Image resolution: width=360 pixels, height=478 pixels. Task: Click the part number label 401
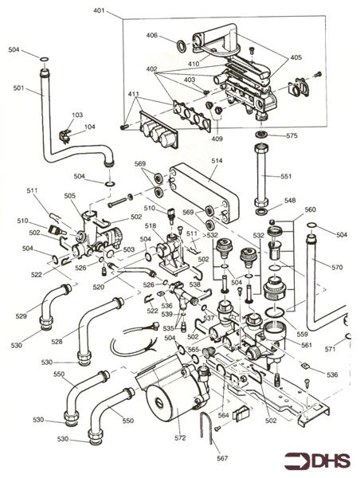click(98, 11)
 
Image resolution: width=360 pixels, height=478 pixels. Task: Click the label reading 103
click(76, 116)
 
